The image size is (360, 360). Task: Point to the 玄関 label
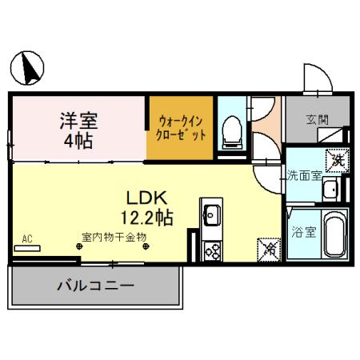tap(316, 120)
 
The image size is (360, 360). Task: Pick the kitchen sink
tap(211, 214)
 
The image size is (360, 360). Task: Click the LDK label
tap(146, 197)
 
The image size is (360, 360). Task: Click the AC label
tap(27, 238)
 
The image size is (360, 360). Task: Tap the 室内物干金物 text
tap(112, 238)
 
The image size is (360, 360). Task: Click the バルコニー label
tap(94, 286)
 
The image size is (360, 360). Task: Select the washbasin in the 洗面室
tap(331, 189)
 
